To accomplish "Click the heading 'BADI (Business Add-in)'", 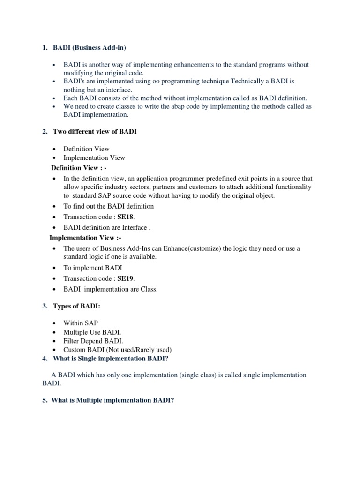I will point(90,48).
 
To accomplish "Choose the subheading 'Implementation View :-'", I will point(85,238).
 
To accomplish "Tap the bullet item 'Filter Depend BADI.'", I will point(93,341).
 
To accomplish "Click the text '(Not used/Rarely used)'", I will point(139,350).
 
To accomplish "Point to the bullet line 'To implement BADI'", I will point(93,268).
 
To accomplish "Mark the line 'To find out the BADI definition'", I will point(108,206).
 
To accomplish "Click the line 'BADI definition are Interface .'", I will point(107,227).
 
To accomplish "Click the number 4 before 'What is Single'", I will point(45,359).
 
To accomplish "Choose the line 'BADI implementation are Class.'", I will point(111,289).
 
